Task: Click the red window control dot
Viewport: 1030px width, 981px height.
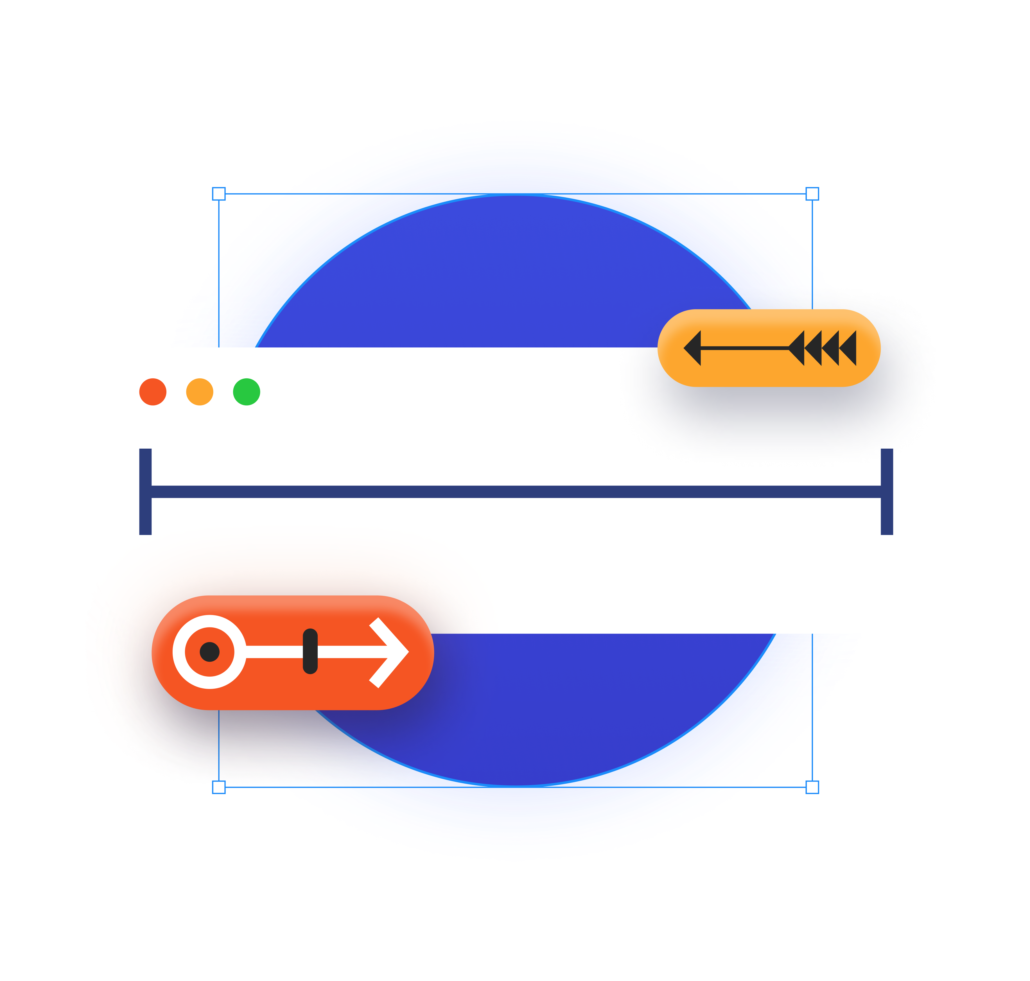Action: pyautogui.click(x=153, y=392)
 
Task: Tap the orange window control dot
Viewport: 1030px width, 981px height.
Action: pyautogui.click(x=200, y=392)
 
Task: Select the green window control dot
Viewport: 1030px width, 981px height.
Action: pyautogui.click(x=246, y=392)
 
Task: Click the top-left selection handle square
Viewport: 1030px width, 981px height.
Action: pyautogui.click(x=218, y=194)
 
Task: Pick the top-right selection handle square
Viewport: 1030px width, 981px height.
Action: pyautogui.click(x=812, y=194)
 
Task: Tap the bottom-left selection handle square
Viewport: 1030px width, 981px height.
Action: pyautogui.click(x=218, y=787)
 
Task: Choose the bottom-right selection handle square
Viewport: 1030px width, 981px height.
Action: pyautogui.click(x=812, y=787)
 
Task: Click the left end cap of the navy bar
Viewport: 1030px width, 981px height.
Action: pyautogui.click(x=145, y=492)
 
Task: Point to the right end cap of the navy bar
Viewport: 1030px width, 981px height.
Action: pyautogui.click(x=887, y=492)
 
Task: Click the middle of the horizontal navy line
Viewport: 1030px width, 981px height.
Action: pyautogui.click(x=516, y=492)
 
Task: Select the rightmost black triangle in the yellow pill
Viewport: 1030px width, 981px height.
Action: pyautogui.click(x=850, y=348)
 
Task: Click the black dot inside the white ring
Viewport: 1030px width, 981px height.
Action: pyautogui.click(x=210, y=652)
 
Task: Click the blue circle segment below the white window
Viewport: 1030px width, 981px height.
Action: pyautogui.click(x=575, y=706)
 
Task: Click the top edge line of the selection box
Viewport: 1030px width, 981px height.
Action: pyautogui.click(x=515, y=194)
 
